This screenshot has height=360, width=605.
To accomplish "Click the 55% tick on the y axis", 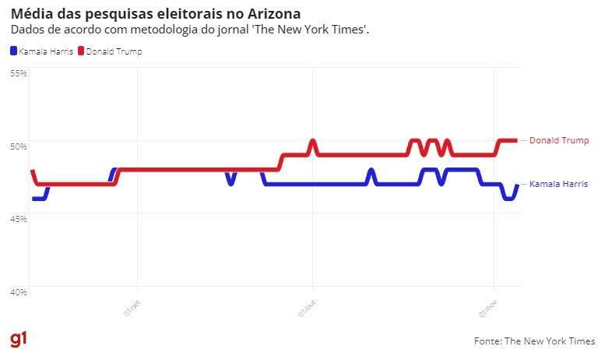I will [x=18, y=72].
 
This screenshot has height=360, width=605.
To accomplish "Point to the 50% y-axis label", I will [x=18, y=146].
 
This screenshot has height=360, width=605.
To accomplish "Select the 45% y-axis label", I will [x=18, y=218].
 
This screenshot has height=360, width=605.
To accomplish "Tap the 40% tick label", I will [x=18, y=291].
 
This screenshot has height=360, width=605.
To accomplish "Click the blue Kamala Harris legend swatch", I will [x=13, y=51].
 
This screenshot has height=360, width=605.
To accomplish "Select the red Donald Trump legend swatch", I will [x=81, y=51].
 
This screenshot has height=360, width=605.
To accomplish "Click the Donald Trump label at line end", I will [x=558, y=140].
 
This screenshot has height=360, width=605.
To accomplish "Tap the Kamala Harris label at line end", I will [x=558, y=184].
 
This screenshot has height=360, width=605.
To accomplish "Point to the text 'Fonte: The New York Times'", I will [x=534, y=341].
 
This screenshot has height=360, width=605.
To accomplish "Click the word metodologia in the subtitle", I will [x=150, y=30].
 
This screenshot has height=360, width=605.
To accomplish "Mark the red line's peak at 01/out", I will [x=312, y=141].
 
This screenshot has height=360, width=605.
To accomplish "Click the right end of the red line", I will [x=516, y=140].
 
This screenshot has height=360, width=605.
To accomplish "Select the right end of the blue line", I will [x=517, y=185].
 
